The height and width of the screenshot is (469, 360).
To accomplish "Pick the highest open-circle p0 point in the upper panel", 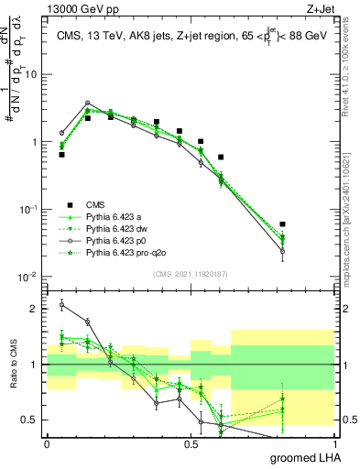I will (x=87, y=104).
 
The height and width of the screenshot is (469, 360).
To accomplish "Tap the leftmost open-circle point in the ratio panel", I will (x=61, y=304).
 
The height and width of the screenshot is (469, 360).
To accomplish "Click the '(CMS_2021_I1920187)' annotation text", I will (x=191, y=274).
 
